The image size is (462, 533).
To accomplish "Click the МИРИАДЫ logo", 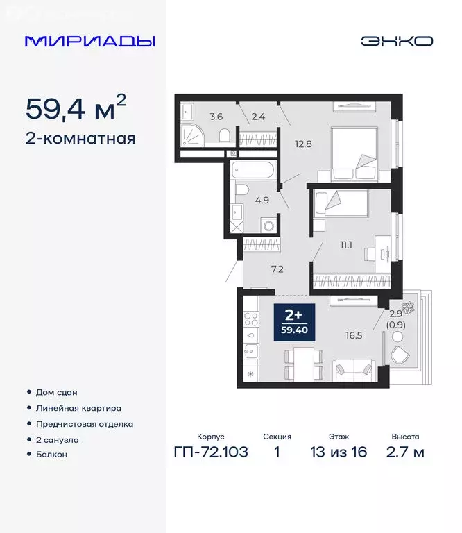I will tap(89, 41).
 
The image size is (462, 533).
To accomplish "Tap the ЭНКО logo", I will tap(396, 41).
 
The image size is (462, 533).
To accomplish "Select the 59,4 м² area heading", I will tap(76, 108).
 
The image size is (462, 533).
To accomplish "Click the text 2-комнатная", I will tap(80, 138).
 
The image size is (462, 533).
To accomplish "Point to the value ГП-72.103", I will tap(209, 453).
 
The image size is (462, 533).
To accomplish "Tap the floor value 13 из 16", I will tap(340, 453).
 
